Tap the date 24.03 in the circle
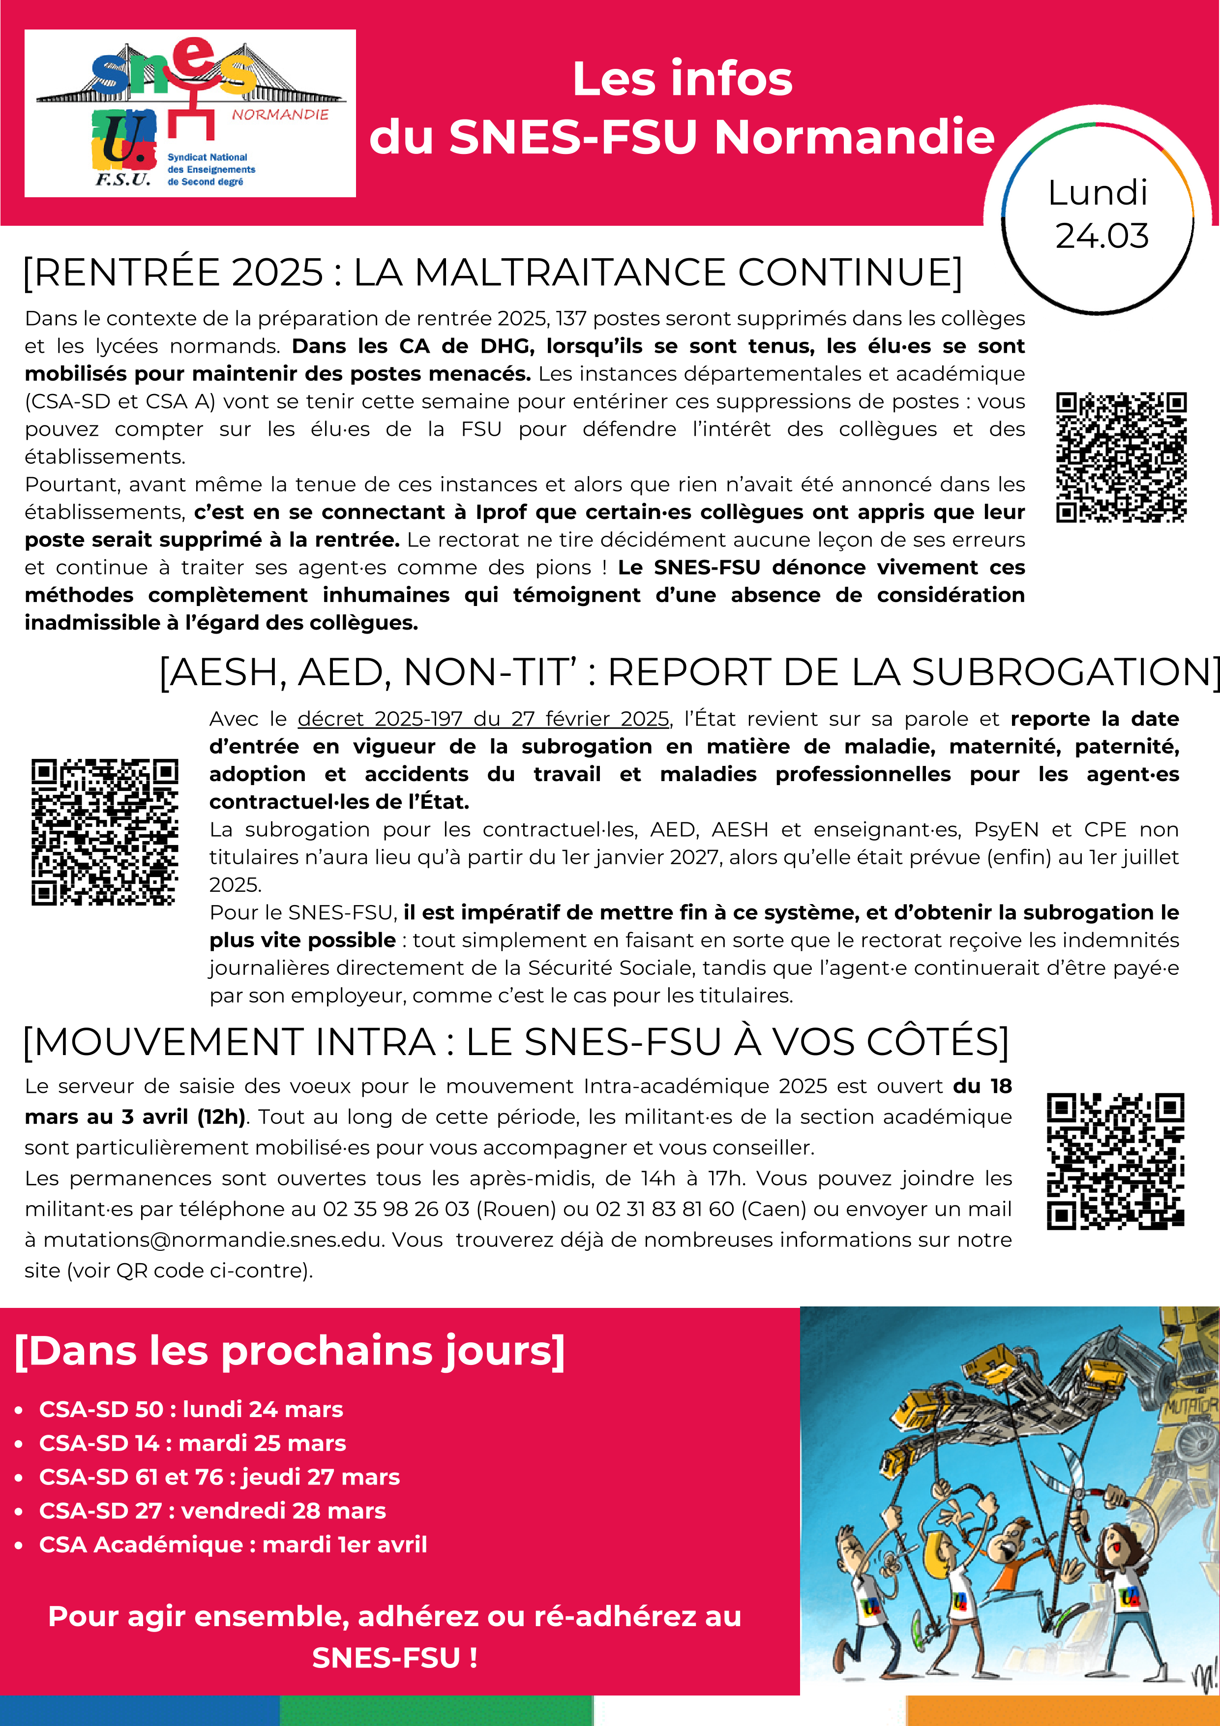click(1101, 236)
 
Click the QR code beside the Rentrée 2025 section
click(1121, 456)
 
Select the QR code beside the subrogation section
click(104, 831)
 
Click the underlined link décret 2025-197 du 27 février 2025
click(483, 720)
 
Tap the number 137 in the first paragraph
click(570, 319)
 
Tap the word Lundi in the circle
click(1098, 193)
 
